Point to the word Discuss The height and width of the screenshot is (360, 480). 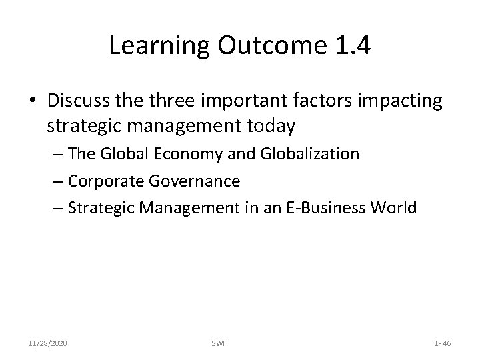pos(76,101)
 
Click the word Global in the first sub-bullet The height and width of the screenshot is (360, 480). pos(122,155)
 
